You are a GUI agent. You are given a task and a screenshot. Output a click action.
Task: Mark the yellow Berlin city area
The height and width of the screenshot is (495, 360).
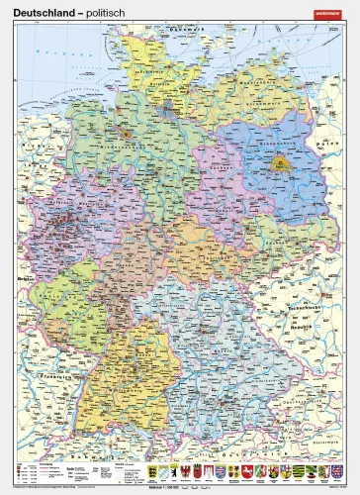[282, 165]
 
